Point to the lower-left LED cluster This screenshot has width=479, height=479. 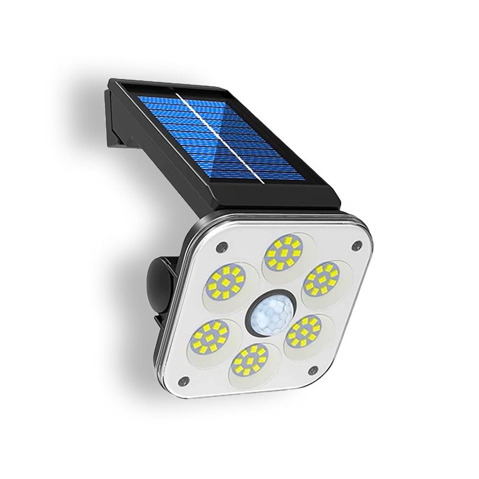211,335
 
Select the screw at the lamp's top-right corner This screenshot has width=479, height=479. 355,246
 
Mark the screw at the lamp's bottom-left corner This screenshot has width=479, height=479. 183,381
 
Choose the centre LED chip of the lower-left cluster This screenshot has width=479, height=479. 211,335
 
